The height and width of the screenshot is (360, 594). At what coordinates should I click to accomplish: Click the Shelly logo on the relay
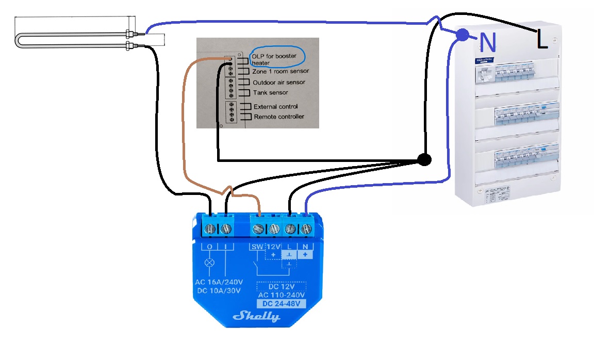(x=256, y=316)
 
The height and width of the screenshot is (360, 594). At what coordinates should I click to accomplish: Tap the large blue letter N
(x=487, y=42)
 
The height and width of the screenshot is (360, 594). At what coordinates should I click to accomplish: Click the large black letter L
(x=541, y=40)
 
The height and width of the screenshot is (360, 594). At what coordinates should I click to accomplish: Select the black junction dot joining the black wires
(x=424, y=160)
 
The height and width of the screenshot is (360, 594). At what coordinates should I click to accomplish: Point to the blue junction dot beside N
(x=463, y=35)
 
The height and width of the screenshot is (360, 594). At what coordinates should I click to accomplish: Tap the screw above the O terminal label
(x=209, y=228)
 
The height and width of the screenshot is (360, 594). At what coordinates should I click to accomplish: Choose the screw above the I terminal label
(x=225, y=228)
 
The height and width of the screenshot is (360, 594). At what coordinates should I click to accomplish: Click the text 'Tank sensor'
(x=270, y=93)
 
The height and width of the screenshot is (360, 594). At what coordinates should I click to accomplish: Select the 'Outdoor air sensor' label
(x=279, y=83)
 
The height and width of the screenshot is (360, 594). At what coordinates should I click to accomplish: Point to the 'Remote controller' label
(x=279, y=117)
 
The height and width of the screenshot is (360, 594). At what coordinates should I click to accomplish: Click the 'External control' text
(x=275, y=107)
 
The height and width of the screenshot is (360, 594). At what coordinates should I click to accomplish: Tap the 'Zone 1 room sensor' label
(x=280, y=71)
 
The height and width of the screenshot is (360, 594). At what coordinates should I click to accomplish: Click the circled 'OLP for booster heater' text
(x=274, y=59)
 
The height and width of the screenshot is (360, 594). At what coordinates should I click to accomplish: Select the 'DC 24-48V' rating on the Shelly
(x=281, y=303)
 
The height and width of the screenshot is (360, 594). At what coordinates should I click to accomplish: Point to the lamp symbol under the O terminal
(x=209, y=263)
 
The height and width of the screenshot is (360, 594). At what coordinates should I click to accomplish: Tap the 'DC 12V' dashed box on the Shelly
(x=281, y=286)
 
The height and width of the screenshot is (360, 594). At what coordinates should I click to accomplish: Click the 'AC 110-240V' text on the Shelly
(x=281, y=294)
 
